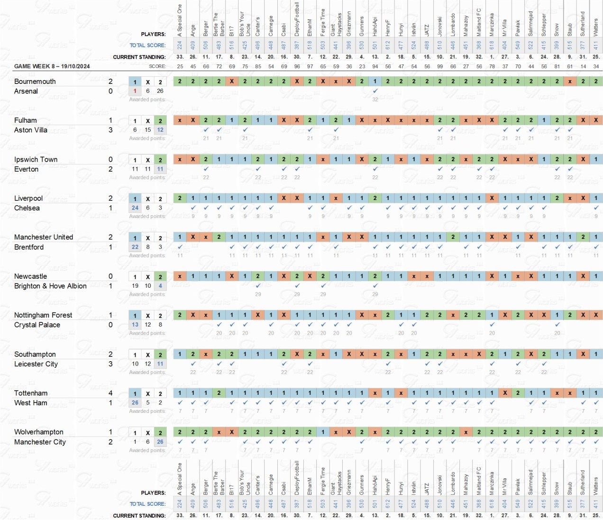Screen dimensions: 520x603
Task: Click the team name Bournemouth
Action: point(35,82)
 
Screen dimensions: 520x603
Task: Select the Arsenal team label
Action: point(26,91)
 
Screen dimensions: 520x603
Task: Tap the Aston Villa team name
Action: point(31,130)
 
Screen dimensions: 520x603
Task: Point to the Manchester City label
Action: point(40,442)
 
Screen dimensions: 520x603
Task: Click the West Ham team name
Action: point(31,403)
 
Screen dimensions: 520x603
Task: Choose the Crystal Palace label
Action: point(37,325)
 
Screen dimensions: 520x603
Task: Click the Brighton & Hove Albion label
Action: point(50,286)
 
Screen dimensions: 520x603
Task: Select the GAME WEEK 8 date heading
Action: point(52,66)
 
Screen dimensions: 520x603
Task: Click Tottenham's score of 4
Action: point(110,393)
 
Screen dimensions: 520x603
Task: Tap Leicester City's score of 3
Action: point(110,364)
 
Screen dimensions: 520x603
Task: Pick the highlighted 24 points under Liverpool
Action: point(135,208)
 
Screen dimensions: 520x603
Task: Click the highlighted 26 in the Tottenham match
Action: point(135,402)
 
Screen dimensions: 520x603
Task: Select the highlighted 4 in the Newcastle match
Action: point(160,286)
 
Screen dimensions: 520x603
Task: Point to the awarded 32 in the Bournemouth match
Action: point(375,100)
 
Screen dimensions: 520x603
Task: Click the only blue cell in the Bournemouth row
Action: point(375,81)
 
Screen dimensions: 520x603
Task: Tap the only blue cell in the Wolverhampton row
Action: point(323,432)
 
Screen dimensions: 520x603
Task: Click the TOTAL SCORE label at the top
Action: point(147,46)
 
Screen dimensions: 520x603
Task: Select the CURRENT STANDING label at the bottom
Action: point(139,515)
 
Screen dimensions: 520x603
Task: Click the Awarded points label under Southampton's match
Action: point(147,372)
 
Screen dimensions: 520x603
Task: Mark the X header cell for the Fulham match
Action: point(148,121)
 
